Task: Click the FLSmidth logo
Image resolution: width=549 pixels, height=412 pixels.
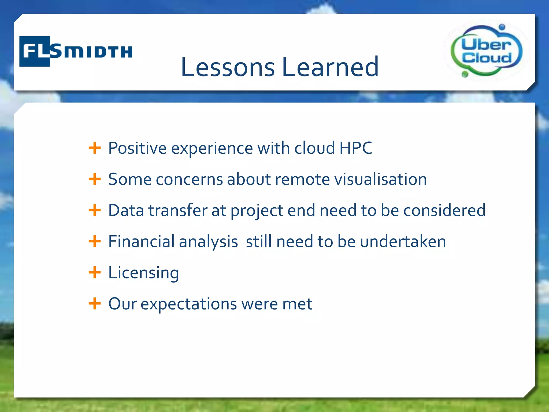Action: pyautogui.click(x=76, y=51)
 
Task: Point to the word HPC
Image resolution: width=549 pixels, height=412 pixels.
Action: pyautogui.click(x=355, y=148)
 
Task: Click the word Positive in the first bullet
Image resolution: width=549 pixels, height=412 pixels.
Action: pyautogui.click(x=137, y=148)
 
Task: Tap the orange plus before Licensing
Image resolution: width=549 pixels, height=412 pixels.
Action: pyautogui.click(x=95, y=273)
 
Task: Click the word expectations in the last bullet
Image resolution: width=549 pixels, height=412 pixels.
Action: pyautogui.click(x=189, y=304)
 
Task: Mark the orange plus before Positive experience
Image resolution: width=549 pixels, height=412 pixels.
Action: pyautogui.click(x=95, y=148)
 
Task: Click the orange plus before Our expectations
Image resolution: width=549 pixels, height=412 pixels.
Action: pyautogui.click(x=95, y=304)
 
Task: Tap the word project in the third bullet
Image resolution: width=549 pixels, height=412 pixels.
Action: pyautogui.click(x=257, y=211)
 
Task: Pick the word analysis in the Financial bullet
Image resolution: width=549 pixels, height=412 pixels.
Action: pyautogui.click(x=208, y=242)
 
